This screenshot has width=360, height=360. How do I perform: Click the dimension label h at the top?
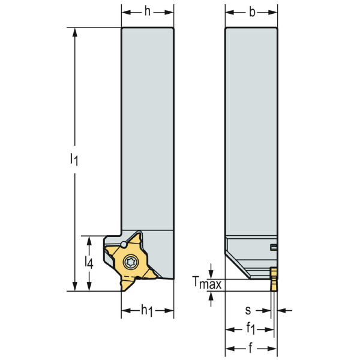click(x=148, y=13)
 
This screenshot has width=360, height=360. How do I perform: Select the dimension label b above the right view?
click(x=251, y=13)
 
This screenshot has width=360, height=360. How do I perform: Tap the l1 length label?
click(x=73, y=159)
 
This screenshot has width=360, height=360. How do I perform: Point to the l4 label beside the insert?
click(x=89, y=263)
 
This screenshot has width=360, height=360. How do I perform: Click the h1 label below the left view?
click(x=148, y=311)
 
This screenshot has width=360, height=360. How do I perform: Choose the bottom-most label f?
click(x=251, y=349)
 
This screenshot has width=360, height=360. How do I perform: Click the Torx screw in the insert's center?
click(x=132, y=262)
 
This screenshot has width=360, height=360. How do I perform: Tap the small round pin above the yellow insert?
click(x=123, y=244)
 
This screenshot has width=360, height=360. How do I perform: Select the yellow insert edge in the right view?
click(x=274, y=279)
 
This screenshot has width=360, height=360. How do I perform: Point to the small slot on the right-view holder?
click(x=273, y=247)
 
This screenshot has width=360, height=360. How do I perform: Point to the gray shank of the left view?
click(x=148, y=120)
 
